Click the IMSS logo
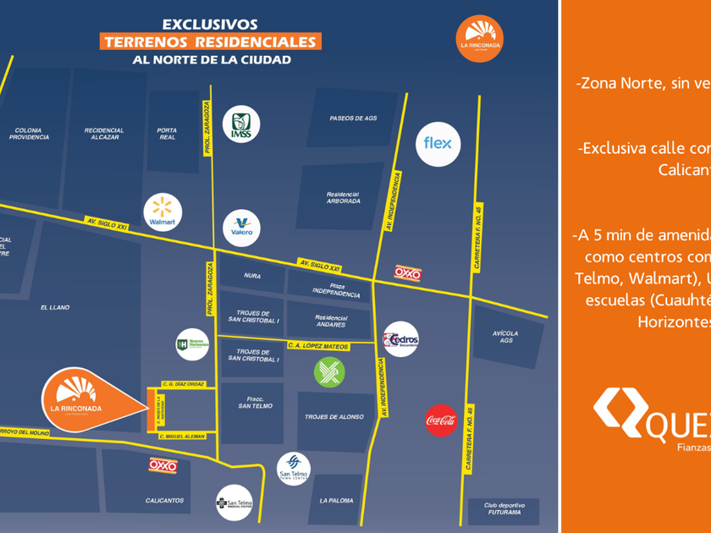(x=240, y=124)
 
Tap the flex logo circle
(x=438, y=144)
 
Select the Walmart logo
(x=163, y=212)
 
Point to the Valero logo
(x=240, y=226)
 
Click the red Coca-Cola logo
(x=441, y=420)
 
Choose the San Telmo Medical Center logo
(x=234, y=503)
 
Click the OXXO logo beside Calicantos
(x=163, y=465)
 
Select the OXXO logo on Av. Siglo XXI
(x=408, y=272)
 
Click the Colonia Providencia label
(x=29, y=134)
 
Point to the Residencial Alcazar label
(x=104, y=134)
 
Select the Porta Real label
(x=167, y=134)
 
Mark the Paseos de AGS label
(x=353, y=118)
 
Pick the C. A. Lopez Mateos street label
(x=318, y=345)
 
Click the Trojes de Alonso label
(x=334, y=417)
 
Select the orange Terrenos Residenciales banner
(x=210, y=41)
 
